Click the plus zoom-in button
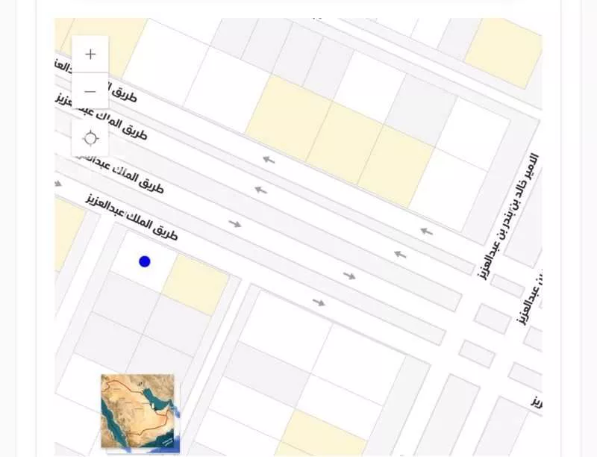(90, 55)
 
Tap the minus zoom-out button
(90, 91)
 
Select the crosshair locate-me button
(90, 138)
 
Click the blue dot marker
(145, 261)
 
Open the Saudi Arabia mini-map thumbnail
(137, 411)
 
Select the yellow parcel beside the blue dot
(195, 285)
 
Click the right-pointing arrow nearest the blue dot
(235, 223)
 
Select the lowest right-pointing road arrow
(319, 302)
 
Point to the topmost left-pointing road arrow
(267, 159)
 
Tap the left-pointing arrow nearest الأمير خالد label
(426, 231)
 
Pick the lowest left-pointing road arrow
(400, 254)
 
